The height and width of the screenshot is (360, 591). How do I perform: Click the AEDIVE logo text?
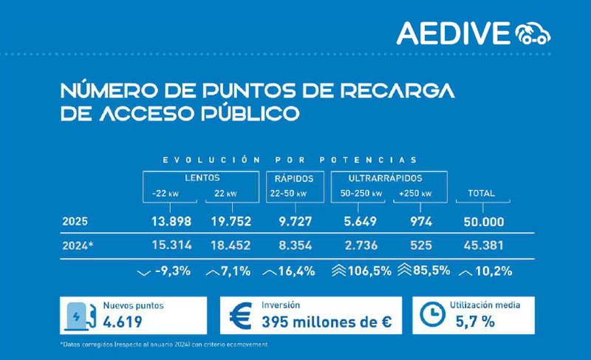click(452, 33)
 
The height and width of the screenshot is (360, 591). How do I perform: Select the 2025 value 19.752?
click(227, 221)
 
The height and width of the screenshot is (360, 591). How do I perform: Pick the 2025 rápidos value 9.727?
click(290, 221)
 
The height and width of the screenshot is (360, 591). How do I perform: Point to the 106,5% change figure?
click(367, 271)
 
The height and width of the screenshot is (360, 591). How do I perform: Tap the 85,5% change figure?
click(431, 271)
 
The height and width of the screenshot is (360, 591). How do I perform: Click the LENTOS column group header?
click(201, 178)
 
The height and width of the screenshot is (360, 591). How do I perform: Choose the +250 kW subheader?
click(416, 194)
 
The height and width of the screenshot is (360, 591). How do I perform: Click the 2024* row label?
click(78, 245)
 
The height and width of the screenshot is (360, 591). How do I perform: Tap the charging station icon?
click(80, 316)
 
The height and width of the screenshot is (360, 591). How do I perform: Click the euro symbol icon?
click(242, 316)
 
